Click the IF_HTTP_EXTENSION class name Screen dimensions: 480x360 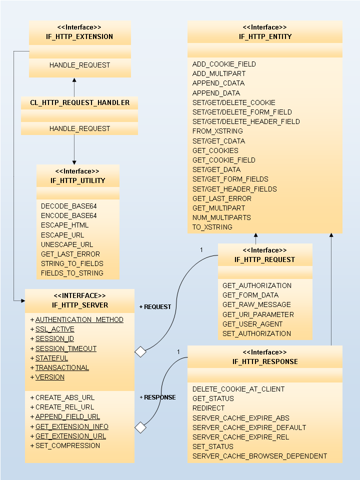point(79,36)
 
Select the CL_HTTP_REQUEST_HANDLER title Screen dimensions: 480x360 point(79,102)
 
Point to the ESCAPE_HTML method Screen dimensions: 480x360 point(65,225)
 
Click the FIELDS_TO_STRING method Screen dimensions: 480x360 point(72,273)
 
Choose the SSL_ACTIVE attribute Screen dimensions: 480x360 point(54,329)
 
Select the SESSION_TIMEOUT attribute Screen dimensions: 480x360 point(66,348)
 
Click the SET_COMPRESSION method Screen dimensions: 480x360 point(67,445)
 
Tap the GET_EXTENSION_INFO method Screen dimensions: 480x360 point(71,426)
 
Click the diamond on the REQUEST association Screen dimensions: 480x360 point(141,352)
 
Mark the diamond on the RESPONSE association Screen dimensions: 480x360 point(141,427)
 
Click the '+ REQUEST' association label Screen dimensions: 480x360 point(155,306)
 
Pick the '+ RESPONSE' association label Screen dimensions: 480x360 point(157,397)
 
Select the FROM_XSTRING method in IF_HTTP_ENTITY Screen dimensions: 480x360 point(217,131)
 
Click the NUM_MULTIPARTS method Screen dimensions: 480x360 point(221,217)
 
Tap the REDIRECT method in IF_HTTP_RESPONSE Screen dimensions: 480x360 point(209,408)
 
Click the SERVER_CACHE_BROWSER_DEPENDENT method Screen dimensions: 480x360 point(259,456)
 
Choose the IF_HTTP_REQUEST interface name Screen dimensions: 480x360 point(264,259)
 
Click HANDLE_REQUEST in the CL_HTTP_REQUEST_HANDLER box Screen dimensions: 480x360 point(79,128)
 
